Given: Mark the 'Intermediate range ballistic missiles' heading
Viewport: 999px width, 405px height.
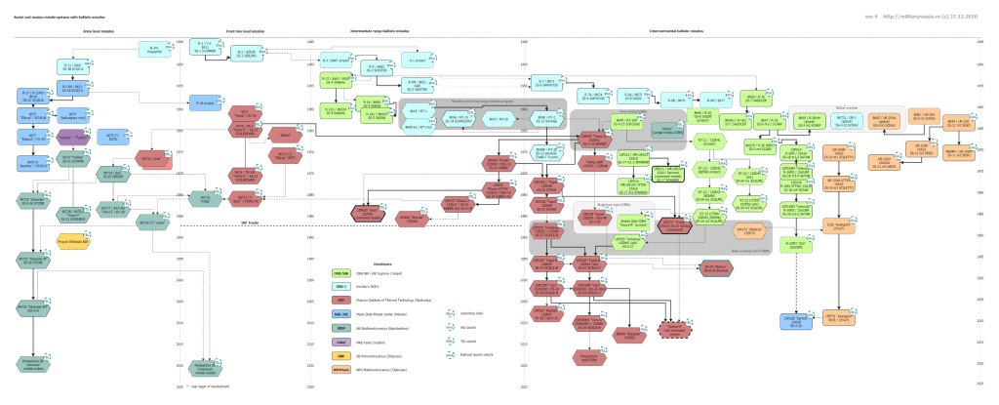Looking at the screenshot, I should tap(385, 31).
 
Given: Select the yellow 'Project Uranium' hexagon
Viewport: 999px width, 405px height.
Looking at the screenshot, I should tap(73, 236).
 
